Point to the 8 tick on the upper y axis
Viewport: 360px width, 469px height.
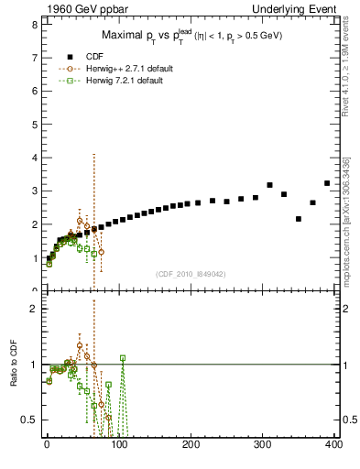(x=35, y=25)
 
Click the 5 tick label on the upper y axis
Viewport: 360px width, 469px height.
(x=35, y=125)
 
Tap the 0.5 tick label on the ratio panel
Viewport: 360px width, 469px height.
(x=30, y=420)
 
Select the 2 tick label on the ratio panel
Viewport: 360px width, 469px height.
(x=35, y=309)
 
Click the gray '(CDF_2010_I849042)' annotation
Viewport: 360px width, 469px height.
(x=190, y=273)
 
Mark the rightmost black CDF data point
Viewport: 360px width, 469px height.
(x=327, y=183)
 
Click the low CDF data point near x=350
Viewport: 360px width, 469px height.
(x=299, y=219)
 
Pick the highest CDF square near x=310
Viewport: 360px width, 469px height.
(x=269, y=185)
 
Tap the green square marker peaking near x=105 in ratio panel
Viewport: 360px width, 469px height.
(x=123, y=358)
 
